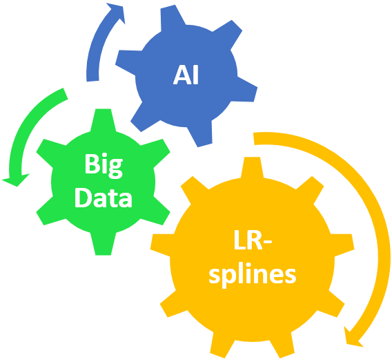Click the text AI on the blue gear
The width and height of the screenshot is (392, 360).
click(186, 75)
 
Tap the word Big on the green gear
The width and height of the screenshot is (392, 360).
click(104, 165)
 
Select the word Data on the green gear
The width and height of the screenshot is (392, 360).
click(104, 198)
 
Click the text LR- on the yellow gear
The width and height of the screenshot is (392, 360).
click(253, 240)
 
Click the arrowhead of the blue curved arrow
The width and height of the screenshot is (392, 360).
click(117, 12)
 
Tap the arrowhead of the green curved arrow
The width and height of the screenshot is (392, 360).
click(16, 180)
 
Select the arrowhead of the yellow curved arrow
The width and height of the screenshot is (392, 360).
click(353, 337)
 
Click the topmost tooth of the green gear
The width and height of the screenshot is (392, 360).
click(104, 120)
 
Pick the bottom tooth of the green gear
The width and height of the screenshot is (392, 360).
click(104, 244)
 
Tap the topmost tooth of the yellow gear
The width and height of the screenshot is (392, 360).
click(253, 167)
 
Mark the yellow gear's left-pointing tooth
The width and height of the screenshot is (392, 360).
click(161, 245)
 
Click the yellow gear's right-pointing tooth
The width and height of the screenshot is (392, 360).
click(343, 245)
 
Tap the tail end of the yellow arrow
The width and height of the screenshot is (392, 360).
click(254, 139)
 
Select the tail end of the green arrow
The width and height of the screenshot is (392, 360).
click(65, 94)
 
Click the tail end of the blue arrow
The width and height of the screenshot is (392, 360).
click(92, 81)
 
